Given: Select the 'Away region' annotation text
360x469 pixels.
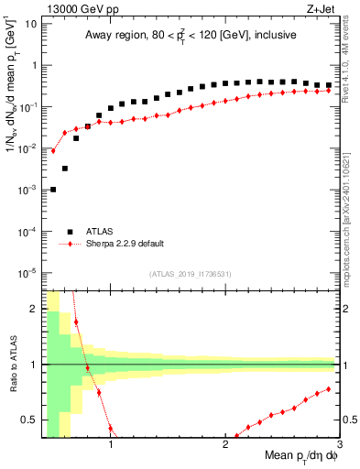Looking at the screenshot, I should tap(190, 36).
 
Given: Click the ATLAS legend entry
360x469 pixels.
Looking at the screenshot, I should tap(98, 232).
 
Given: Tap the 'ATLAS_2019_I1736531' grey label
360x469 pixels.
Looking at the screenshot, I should tap(190, 274).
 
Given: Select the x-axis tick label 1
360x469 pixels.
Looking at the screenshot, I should tap(111, 445).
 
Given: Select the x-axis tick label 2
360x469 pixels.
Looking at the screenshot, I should tap(225, 445).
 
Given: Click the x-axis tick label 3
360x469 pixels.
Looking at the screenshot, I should tap(338, 445).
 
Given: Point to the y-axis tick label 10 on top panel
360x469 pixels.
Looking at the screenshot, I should tap(30, 24).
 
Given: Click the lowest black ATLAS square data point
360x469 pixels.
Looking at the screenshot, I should tap(53, 190).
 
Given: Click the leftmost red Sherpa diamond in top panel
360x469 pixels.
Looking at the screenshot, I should tap(53, 151).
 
